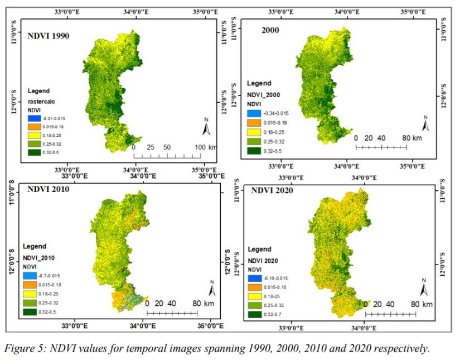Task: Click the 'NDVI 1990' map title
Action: tap(52, 36)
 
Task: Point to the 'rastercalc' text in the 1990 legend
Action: tap(44, 101)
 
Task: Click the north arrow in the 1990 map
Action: tap(206, 127)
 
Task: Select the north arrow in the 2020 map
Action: tap(423, 287)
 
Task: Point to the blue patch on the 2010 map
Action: tap(129, 301)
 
